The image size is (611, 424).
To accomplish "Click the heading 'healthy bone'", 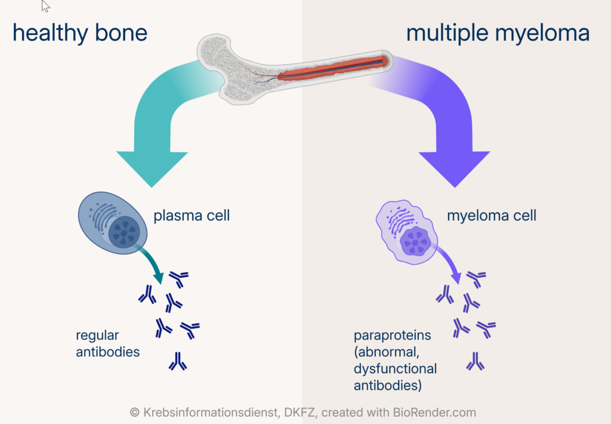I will [80, 33].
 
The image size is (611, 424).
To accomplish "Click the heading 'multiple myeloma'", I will [498, 33].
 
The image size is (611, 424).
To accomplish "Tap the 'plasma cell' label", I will [192, 216].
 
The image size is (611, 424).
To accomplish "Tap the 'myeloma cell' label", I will [492, 216].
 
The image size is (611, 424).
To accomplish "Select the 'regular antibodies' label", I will [107, 343].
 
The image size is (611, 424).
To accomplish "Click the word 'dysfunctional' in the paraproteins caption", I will [395, 369].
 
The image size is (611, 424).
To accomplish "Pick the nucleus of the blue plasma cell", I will [124, 232].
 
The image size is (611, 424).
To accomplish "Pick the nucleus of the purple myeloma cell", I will [416, 242].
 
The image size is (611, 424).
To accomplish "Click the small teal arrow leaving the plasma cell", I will [153, 263].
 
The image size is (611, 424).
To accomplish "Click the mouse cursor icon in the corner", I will [46, 6].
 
